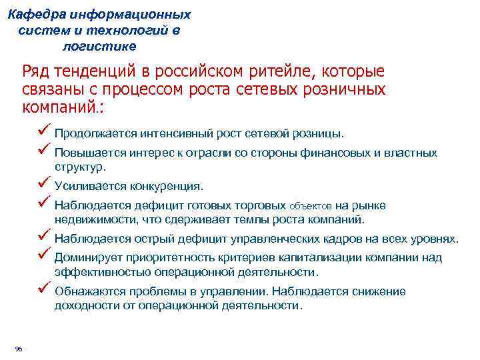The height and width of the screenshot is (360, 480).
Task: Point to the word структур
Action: pos(80,167)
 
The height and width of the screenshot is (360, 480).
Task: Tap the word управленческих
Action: pos(271,239)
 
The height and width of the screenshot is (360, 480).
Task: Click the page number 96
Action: pos(18,349)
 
